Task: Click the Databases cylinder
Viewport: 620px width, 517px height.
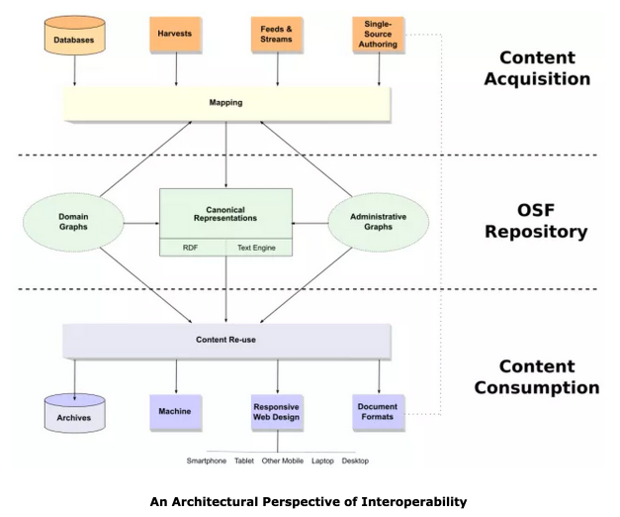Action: coord(75,36)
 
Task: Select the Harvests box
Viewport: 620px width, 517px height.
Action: coord(176,35)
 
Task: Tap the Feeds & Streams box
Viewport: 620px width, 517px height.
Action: coord(277,35)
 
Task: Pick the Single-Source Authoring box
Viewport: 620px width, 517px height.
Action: coord(379,35)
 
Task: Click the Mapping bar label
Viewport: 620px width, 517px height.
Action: coord(225,103)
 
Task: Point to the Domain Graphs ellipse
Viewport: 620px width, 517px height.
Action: coord(73,222)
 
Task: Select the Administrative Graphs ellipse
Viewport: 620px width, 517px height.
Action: coord(379,222)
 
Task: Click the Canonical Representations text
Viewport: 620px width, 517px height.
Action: coord(225,214)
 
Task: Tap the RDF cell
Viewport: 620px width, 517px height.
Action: coord(193,248)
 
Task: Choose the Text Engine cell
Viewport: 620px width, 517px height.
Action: coord(259,248)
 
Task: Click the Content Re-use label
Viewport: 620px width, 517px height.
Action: coord(225,340)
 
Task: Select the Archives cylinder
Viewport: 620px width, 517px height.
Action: coord(75,413)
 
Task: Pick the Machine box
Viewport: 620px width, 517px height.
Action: coord(176,412)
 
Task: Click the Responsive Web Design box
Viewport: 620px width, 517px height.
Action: coord(277,412)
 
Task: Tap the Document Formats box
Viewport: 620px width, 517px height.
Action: coord(379,412)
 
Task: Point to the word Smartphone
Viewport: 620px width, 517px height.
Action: coord(207,461)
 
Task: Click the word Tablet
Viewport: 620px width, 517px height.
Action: coord(244,461)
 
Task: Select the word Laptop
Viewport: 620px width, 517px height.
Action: coord(322,461)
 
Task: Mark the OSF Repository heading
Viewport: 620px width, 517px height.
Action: coord(536,221)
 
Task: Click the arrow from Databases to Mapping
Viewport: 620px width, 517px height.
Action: coord(74,70)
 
